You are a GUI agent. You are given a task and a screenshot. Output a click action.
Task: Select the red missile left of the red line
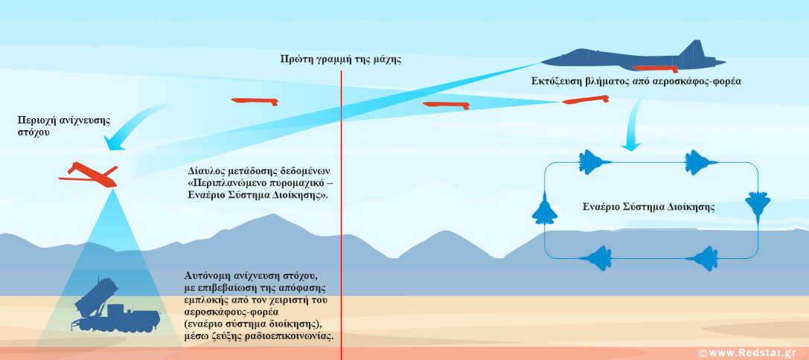pyautogui.click(x=254, y=100)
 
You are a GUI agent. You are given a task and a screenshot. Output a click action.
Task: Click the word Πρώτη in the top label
pyautogui.click(x=295, y=60)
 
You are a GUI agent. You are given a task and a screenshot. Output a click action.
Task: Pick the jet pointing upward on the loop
pyautogui.click(x=544, y=209)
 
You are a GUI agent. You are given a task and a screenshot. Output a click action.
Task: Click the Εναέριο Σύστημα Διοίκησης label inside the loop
pyautogui.click(x=648, y=207)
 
